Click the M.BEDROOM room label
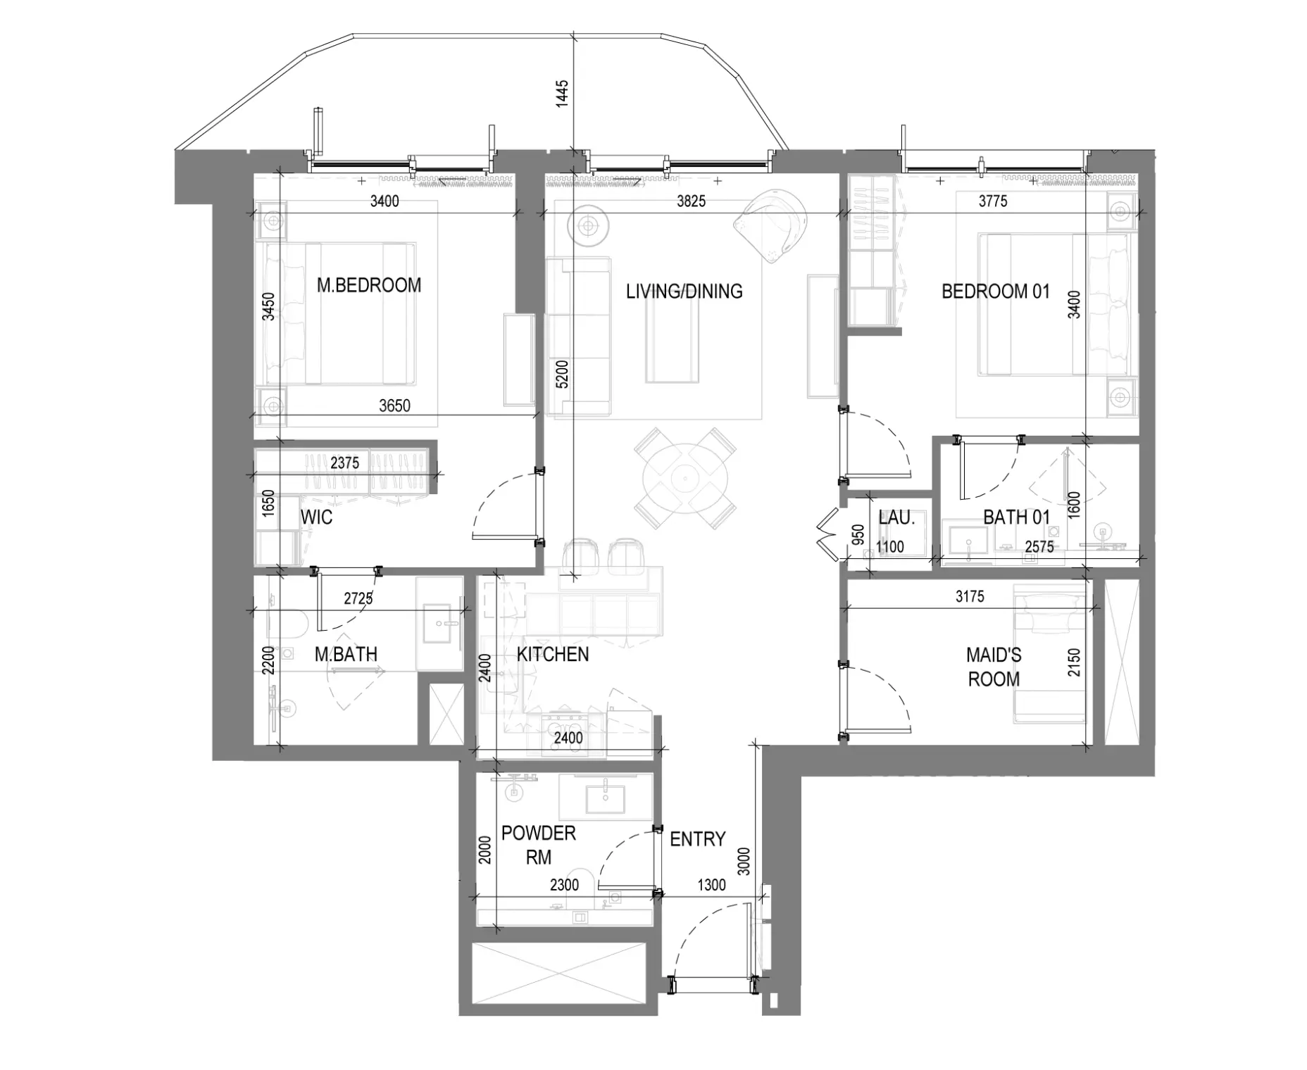369,285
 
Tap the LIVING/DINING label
684,291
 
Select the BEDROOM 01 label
995,291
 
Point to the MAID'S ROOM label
994,667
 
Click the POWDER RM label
539,845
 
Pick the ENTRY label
697,839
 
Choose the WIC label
316,517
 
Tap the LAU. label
896,517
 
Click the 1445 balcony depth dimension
562,94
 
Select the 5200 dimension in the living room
562,374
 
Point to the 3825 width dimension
692,201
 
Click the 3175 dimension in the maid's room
970,597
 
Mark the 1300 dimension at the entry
711,885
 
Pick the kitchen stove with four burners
566,731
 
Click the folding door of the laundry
826,534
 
